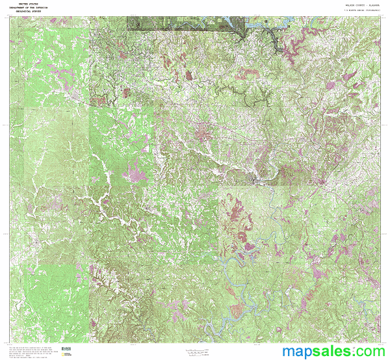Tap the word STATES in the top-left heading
pyautogui.click(x=32, y=3)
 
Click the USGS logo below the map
pyautogui.click(x=66, y=353)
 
